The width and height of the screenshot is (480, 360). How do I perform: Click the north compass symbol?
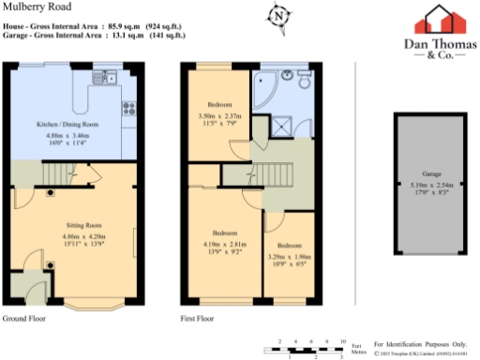(303, 16)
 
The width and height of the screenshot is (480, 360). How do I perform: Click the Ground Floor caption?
(24, 320)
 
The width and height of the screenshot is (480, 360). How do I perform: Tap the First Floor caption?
(198, 320)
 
